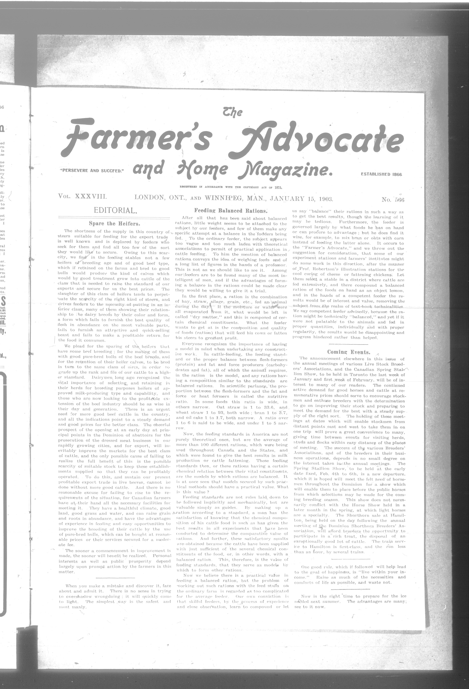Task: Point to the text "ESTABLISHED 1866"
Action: (x=381, y=174)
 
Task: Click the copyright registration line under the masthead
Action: (x=231, y=187)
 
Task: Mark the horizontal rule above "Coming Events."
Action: (x=349, y=344)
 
